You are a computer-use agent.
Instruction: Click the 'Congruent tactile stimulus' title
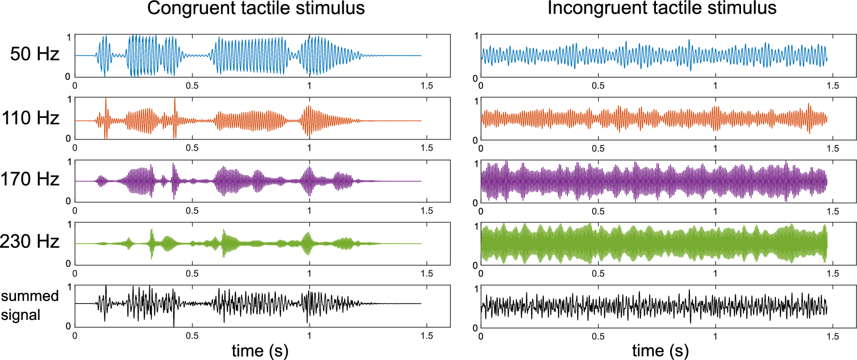pyautogui.click(x=256, y=9)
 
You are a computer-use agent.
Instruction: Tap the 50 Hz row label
pyautogui.click(x=34, y=54)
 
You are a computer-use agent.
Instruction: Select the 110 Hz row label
pyautogui.click(x=30, y=118)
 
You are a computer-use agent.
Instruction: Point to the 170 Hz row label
pyautogui.click(x=30, y=179)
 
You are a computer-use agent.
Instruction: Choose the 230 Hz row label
pyautogui.click(x=30, y=242)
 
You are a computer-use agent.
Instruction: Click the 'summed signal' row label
pyautogui.click(x=29, y=305)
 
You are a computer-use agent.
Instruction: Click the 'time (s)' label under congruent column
pyautogui.click(x=260, y=350)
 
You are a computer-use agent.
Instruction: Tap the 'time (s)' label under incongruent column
pyautogui.click(x=660, y=350)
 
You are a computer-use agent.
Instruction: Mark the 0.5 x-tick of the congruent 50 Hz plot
pyautogui.click(x=192, y=86)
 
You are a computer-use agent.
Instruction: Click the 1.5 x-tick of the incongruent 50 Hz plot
pyautogui.click(x=832, y=86)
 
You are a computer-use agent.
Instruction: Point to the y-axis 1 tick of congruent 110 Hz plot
pyautogui.click(x=70, y=100)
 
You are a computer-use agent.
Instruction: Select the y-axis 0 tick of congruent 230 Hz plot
pyautogui.click(x=68, y=263)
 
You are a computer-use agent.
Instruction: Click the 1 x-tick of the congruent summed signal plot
pyautogui.click(x=309, y=336)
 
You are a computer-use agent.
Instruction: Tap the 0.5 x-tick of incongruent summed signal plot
pyautogui.click(x=598, y=336)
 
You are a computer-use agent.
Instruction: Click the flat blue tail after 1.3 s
pyautogui.click(x=396, y=56)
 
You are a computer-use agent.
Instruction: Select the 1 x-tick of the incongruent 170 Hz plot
pyautogui.click(x=715, y=211)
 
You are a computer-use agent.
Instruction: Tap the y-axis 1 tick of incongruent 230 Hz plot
pyautogui.click(x=476, y=226)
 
